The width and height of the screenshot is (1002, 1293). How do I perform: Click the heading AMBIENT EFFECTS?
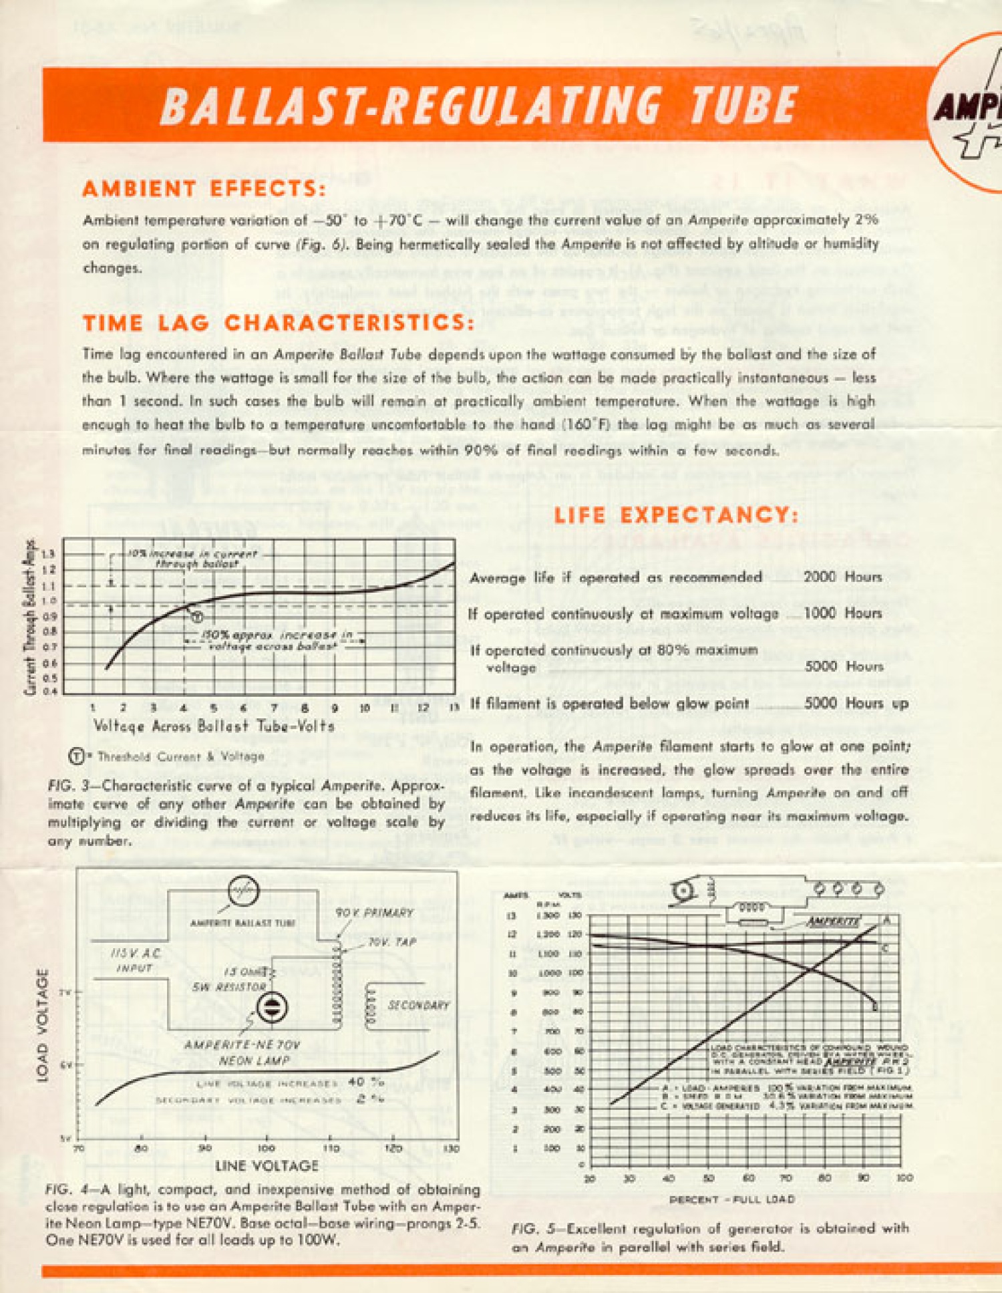tap(204, 189)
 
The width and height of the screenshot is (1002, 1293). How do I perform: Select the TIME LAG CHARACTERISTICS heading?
tap(279, 323)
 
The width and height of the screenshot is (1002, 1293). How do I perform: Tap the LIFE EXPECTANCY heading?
tap(676, 515)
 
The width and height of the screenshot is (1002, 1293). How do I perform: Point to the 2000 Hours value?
tap(842, 577)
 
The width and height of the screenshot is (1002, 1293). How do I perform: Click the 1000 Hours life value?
tap(842, 613)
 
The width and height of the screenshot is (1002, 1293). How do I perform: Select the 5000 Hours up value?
tap(856, 703)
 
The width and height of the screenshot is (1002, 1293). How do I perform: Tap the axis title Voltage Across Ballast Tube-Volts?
tap(214, 726)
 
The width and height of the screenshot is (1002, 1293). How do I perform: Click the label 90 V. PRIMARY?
tap(374, 913)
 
